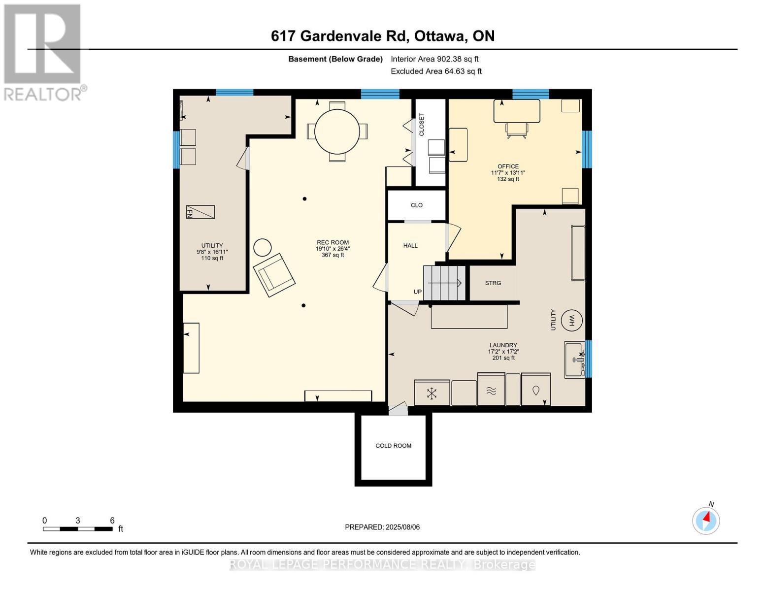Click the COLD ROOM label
(393, 446)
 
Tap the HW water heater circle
(571, 321)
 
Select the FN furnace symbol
(200, 212)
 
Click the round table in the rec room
(337, 131)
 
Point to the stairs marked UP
(444, 283)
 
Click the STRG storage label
(493, 283)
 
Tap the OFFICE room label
(508, 166)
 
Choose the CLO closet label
(416, 205)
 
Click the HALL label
(410, 246)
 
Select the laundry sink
(574, 360)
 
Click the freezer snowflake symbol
(432, 394)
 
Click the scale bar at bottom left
(78, 528)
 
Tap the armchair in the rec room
(274, 275)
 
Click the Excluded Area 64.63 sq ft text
(436, 71)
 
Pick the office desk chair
(516, 130)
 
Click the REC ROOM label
(333, 242)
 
